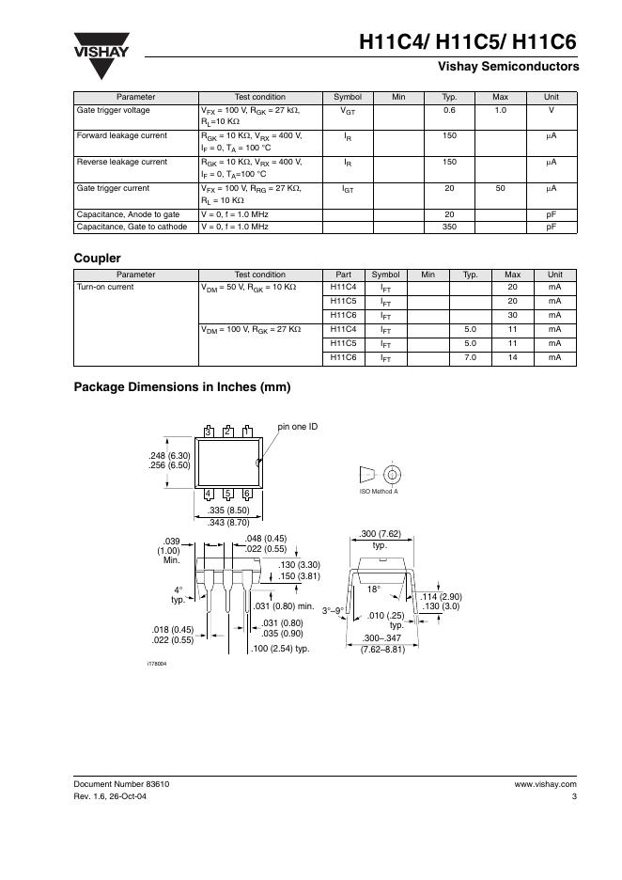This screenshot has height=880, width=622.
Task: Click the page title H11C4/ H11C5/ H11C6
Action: pos(468,42)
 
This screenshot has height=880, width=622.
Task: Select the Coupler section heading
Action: pos(97,257)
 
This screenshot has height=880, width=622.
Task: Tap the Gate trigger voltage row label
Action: pos(113,111)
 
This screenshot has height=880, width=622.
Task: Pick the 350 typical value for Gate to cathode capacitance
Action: pos(449,227)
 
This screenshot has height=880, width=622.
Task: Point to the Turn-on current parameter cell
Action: pos(105,287)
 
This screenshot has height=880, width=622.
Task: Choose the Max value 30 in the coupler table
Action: pos(512,315)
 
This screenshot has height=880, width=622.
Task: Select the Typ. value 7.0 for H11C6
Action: pos(471,357)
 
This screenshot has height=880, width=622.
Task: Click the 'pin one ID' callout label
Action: pos(298,427)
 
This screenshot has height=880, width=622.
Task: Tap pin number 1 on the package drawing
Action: pos(247,431)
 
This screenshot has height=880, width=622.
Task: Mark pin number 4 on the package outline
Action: pos(208,494)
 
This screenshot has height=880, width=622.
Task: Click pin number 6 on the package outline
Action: pos(247,494)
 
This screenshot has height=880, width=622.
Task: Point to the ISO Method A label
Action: pos(379,492)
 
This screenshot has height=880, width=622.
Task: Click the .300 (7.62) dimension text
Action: pos(380,534)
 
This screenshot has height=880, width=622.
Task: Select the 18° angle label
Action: pos(373,589)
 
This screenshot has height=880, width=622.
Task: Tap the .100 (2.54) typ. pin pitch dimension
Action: pos(282,649)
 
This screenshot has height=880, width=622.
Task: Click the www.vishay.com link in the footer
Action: pos(545,783)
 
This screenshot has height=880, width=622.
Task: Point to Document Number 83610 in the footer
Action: pos(122,783)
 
